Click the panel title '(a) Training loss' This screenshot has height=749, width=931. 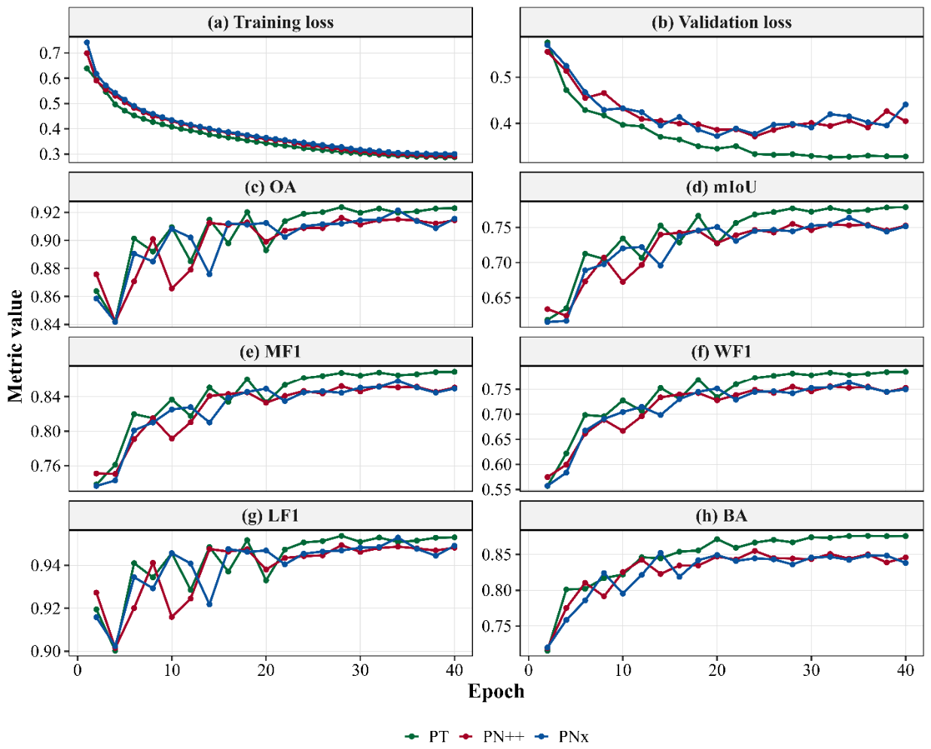(x=270, y=23)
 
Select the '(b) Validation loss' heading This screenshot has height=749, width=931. (x=721, y=23)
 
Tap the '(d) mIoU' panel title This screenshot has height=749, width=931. (x=721, y=187)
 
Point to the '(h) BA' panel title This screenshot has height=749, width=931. (x=721, y=515)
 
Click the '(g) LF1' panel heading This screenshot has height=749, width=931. (x=270, y=515)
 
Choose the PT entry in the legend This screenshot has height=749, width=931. (x=426, y=736)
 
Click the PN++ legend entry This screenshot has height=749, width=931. (x=491, y=736)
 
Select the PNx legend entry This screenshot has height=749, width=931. (x=562, y=736)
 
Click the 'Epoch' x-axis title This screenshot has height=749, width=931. (x=496, y=692)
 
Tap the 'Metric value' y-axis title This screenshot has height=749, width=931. (x=16, y=346)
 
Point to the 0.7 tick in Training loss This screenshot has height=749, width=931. (x=50, y=53)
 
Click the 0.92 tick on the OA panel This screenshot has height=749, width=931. (x=46, y=212)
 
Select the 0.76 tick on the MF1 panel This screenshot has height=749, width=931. (x=46, y=466)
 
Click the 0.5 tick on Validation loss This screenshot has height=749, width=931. (x=502, y=78)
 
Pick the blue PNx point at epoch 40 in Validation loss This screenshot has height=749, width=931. (x=905, y=104)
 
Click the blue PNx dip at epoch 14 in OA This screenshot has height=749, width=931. (x=209, y=274)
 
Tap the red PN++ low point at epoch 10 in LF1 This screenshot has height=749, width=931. (x=172, y=616)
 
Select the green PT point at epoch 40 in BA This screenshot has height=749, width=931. (x=905, y=536)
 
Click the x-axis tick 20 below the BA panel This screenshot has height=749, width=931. (x=717, y=671)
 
